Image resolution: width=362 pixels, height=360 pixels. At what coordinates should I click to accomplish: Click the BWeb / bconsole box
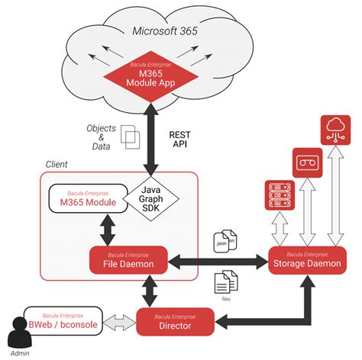click(x=63, y=322)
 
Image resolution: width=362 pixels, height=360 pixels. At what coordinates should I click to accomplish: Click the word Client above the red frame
click(x=57, y=164)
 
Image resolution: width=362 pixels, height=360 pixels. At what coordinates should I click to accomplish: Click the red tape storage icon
click(x=307, y=162)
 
